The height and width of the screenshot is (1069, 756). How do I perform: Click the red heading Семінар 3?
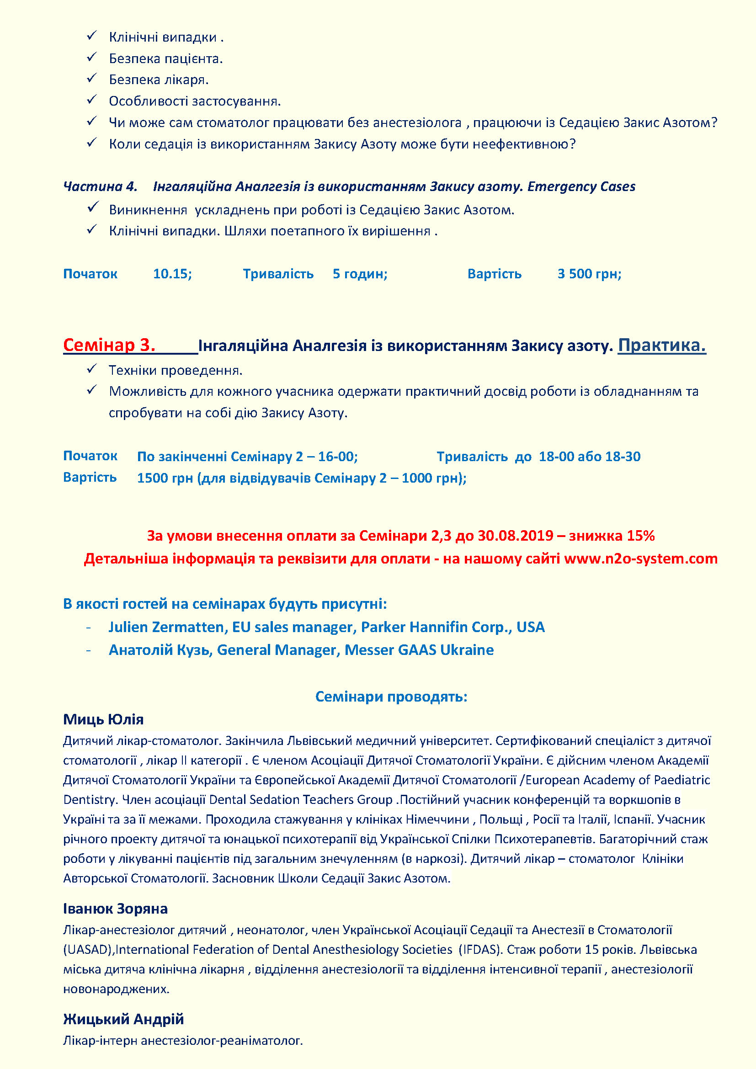(109, 345)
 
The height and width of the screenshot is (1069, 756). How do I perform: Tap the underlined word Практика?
(661, 345)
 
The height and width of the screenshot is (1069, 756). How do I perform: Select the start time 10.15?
(172, 274)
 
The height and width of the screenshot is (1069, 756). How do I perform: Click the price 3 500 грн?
(589, 274)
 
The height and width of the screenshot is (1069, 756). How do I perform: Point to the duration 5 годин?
(360, 274)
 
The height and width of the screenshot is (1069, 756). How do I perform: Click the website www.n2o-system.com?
(640, 558)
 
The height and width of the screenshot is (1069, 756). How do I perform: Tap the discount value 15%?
(640, 536)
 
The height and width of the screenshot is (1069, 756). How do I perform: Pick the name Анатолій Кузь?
(160, 650)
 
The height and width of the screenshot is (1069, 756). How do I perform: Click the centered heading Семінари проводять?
(391, 697)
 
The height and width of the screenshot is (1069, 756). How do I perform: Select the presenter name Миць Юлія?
(103, 719)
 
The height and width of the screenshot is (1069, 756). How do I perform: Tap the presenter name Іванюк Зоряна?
(116, 909)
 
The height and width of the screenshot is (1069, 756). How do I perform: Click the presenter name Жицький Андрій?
(123, 1019)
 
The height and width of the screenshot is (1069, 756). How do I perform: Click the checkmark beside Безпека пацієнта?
(92, 57)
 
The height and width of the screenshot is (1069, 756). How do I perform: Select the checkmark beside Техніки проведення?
(92, 369)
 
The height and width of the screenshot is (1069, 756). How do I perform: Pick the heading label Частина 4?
(100, 187)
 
